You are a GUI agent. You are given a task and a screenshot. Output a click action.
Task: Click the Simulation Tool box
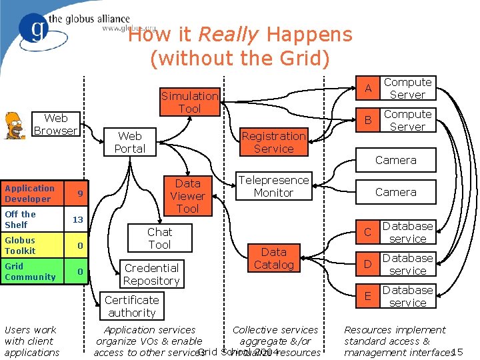[x=189, y=102]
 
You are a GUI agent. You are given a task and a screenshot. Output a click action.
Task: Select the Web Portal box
[x=129, y=142]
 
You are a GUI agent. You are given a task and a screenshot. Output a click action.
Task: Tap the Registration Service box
[x=273, y=142]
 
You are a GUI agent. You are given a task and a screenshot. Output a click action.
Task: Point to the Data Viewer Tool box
[x=187, y=195]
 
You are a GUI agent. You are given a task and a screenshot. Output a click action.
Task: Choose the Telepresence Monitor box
[x=273, y=186]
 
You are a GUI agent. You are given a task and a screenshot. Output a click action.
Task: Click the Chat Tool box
[x=159, y=238]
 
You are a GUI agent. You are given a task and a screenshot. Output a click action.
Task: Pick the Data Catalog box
[x=273, y=258]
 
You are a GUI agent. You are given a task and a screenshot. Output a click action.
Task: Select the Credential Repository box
[x=151, y=274]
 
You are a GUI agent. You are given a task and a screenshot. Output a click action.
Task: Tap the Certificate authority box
[x=131, y=306]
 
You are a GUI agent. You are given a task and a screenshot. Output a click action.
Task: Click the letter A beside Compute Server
[x=367, y=89]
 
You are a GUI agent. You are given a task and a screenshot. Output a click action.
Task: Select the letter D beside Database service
[x=367, y=265]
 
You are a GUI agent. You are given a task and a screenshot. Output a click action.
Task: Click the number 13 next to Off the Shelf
[x=78, y=219]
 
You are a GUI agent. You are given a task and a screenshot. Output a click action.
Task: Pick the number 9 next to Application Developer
[x=79, y=194]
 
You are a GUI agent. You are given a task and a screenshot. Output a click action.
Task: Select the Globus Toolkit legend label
[x=21, y=245]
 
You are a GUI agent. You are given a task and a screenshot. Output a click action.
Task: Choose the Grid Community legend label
[x=30, y=271]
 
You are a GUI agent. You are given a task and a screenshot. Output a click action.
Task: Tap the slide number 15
[x=457, y=352]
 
